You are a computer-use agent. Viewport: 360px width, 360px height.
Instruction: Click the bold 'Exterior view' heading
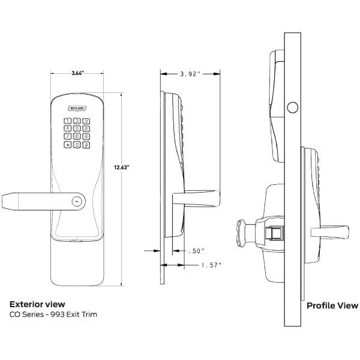pos(37,305)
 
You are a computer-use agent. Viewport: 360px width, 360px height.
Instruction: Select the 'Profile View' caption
pos(332,305)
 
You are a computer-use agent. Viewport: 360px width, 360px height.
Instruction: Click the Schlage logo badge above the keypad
pos(77,108)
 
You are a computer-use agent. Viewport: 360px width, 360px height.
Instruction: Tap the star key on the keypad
pos(68,144)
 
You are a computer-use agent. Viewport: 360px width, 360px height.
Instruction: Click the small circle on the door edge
pos(293,107)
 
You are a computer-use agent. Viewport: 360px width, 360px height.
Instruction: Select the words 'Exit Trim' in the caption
pos(83,314)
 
